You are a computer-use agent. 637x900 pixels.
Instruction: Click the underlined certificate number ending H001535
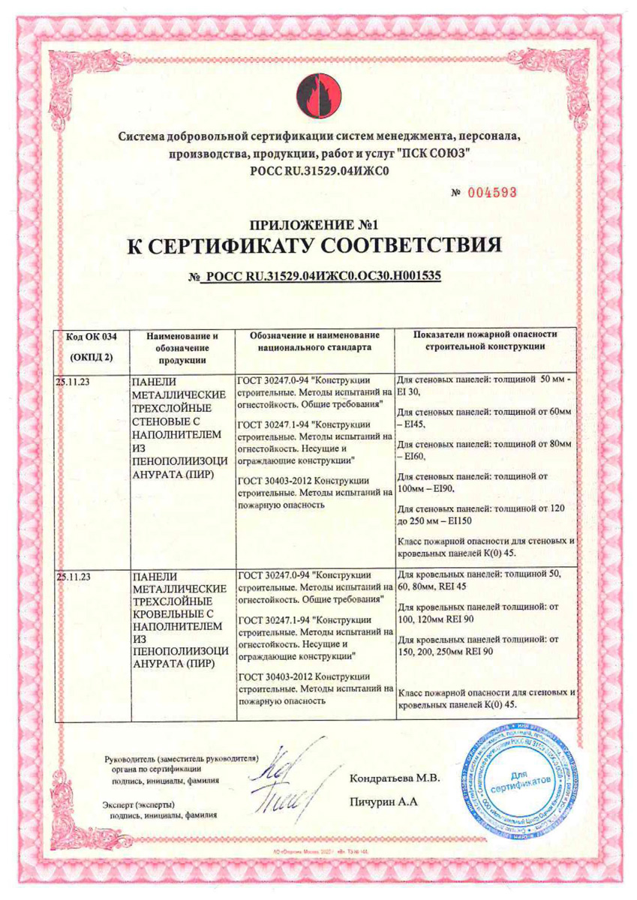click(319, 275)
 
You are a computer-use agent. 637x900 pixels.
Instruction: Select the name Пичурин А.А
click(383, 802)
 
